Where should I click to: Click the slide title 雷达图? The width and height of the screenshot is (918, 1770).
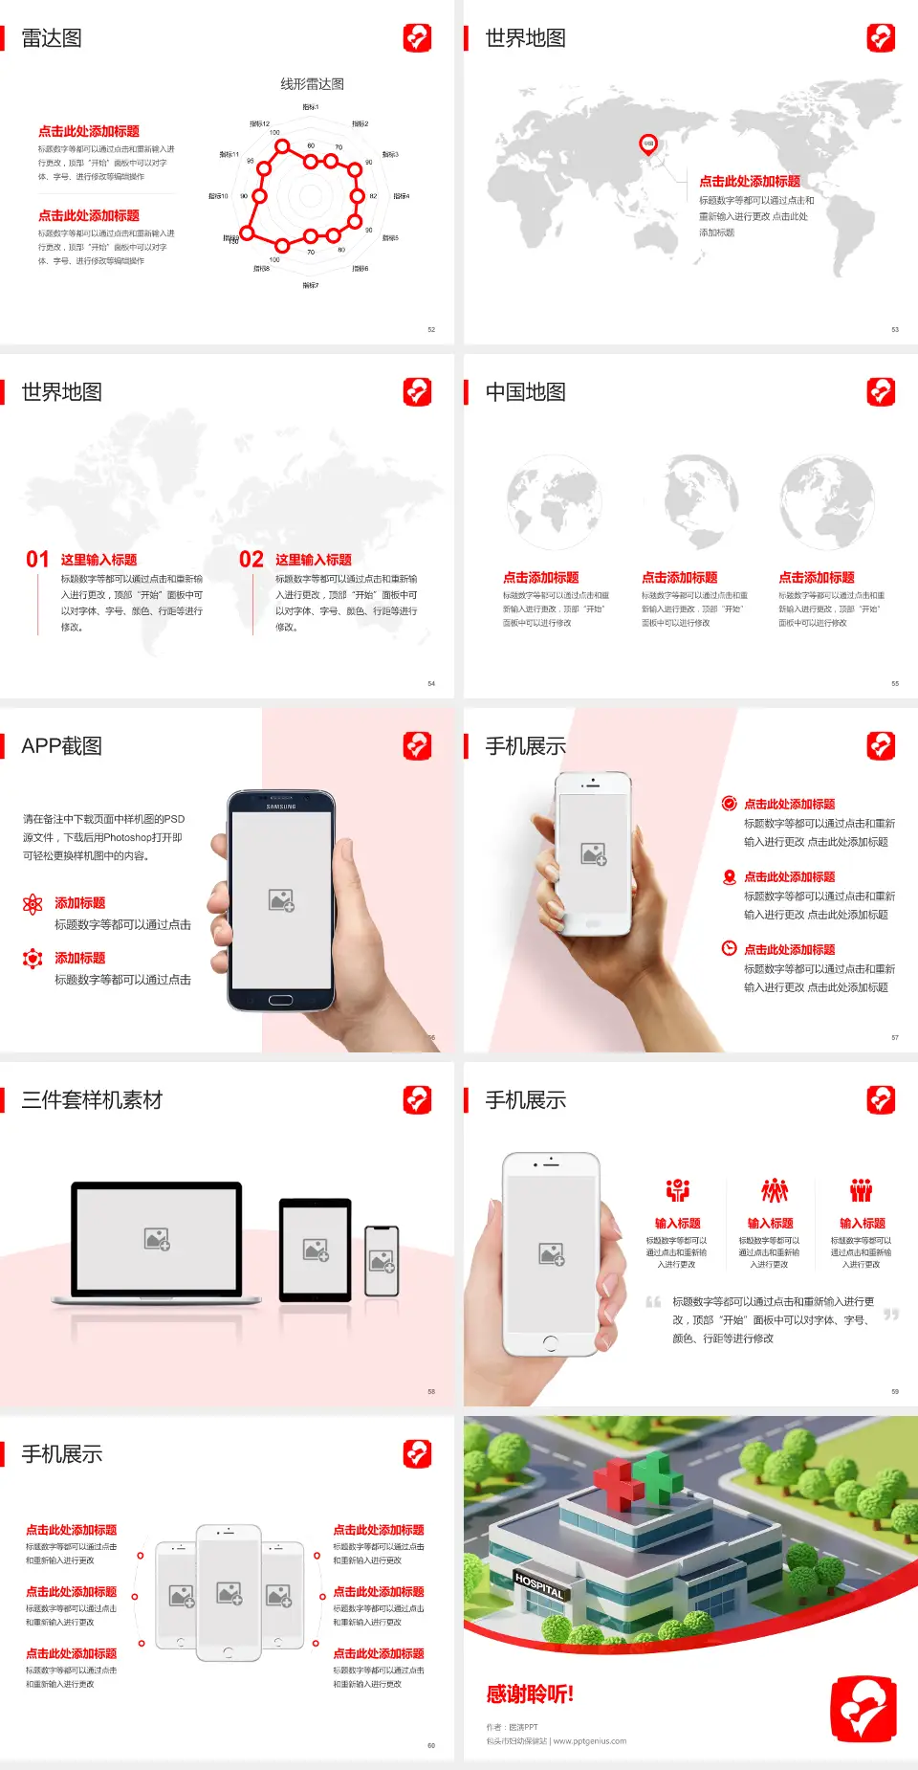pos(52,38)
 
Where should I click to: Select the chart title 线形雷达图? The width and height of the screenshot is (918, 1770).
pos(312,84)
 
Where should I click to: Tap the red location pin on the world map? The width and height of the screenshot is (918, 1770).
pos(647,144)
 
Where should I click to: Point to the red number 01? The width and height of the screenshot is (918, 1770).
pos(37,560)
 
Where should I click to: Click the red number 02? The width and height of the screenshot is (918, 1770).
pos(251,560)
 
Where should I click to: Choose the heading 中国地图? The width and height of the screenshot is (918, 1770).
pos(525,392)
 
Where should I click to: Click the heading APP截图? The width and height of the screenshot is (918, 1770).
pos(61,746)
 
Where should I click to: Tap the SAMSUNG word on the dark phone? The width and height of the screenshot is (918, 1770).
pos(281,807)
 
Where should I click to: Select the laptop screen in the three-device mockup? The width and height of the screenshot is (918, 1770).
pos(157,1238)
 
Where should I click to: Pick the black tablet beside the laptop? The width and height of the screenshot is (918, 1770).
pos(316,1249)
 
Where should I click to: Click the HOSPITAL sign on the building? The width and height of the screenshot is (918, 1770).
pos(539,1585)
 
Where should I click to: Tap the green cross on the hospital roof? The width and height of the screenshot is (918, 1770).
pos(659,1474)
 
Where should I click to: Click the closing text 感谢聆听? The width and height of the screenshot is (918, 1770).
pos(530,1694)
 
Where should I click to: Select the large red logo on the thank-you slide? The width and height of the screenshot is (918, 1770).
pos(863,1709)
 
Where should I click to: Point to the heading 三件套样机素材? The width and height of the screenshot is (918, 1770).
pos(92,1100)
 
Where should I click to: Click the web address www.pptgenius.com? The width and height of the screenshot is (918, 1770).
pos(590,1741)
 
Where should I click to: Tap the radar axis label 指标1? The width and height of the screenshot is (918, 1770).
pos(311,107)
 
